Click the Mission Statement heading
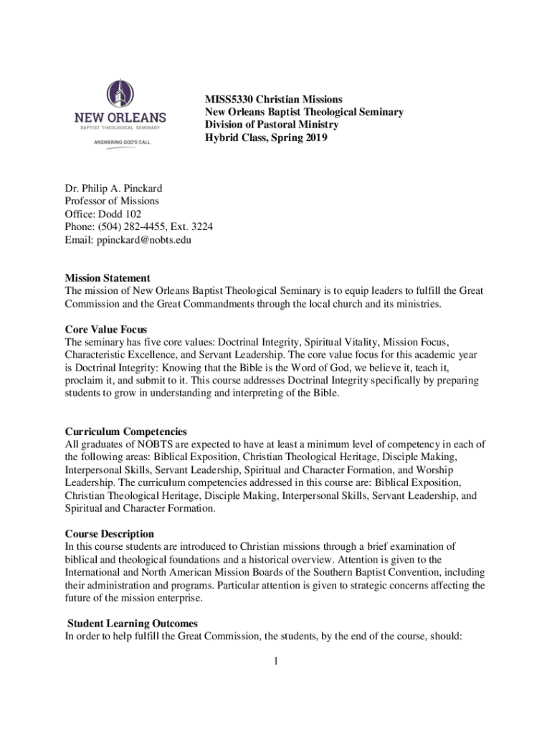(x=108, y=277)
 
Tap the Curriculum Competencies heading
(x=126, y=432)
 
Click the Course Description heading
(x=109, y=534)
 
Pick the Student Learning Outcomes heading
(x=132, y=623)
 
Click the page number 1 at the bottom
(x=275, y=659)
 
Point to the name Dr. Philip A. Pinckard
(x=113, y=189)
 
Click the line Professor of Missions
(x=112, y=201)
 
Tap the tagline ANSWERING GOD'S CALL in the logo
(x=120, y=142)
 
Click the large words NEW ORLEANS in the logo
(x=120, y=117)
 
